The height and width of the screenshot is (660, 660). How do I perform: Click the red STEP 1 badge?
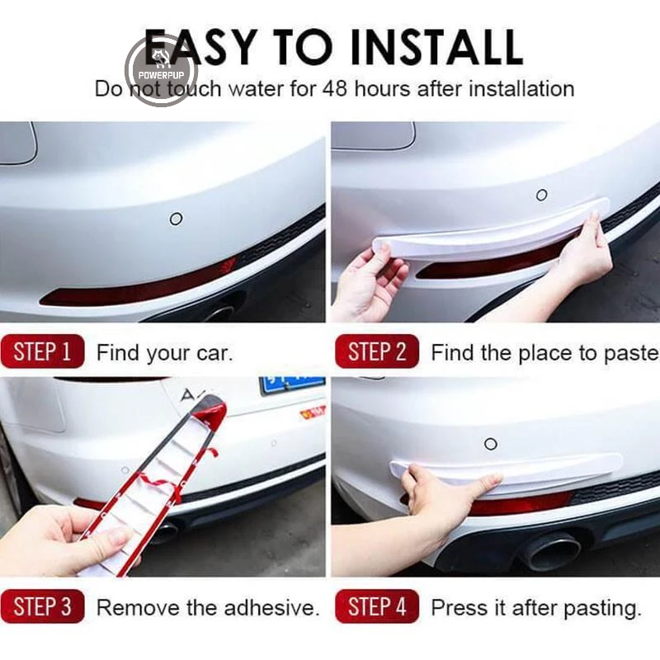click(x=43, y=351)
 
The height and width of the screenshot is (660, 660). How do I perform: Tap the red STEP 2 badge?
click(x=377, y=351)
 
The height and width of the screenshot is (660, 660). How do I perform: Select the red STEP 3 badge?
click(x=43, y=606)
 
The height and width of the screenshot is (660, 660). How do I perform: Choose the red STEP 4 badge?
click(x=377, y=606)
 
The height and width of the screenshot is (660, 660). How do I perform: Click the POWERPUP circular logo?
click(x=162, y=70)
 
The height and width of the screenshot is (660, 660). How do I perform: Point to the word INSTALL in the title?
click(x=436, y=47)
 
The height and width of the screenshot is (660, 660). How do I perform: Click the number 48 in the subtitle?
click(x=335, y=89)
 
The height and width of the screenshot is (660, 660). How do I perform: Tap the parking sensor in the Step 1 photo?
click(x=176, y=219)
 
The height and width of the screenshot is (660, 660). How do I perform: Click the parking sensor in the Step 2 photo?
click(x=542, y=195)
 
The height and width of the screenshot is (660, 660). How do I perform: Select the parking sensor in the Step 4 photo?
click(x=491, y=444)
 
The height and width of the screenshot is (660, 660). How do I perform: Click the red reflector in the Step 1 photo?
click(x=139, y=282)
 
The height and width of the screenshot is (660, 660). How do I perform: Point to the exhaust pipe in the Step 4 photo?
click(x=549, y=551)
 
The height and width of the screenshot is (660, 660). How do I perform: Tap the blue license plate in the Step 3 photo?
click(x=293, y=384)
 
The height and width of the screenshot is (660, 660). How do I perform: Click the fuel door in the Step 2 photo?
click(x=374, y=135)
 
